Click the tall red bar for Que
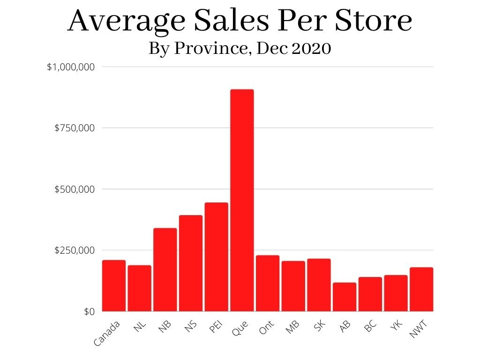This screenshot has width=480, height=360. click(x=242, y=200)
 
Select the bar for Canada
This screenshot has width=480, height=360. click(x=114, y=285)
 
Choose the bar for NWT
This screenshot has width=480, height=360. click(x=421, y=289)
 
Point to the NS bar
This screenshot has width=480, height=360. click(x=191, y=263)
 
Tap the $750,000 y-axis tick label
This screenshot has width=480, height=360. click(x=75, y=128)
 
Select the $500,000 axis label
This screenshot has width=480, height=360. click(x=75, y=189)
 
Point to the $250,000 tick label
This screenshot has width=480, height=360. click(x=75, y=250)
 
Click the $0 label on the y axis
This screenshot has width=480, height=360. click(x=90, y=312)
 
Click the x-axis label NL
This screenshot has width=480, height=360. click(x=140, y=326)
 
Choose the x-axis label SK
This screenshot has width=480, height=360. click(x=320, y=326)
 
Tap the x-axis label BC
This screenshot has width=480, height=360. click(x=371, y=326)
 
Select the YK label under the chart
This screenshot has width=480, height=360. click(x=397, y=326)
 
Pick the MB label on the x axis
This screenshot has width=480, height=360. click(x=293, y=327)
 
